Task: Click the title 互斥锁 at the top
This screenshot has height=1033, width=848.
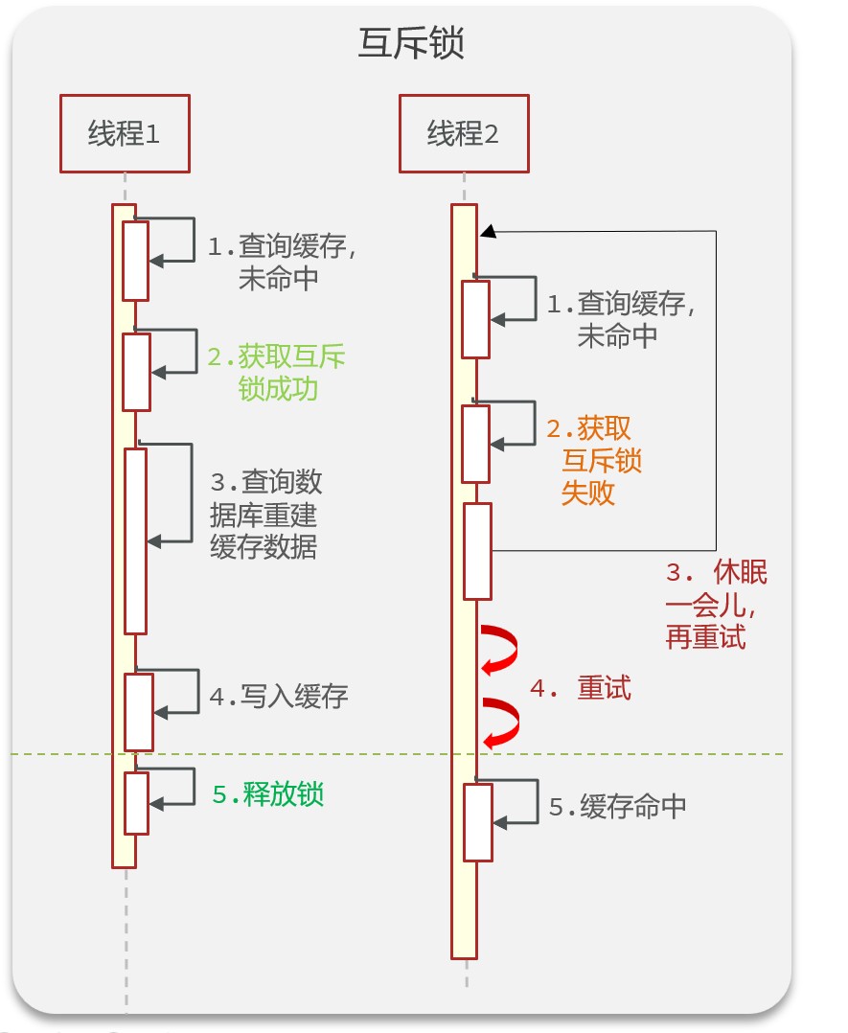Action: [411, 43]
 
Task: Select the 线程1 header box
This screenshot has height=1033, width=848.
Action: [125, 134]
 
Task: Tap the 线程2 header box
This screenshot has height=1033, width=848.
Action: [464, 134]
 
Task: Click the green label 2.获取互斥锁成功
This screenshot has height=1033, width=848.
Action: [277, 374]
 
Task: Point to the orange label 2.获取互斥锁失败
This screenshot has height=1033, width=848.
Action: [594, 460]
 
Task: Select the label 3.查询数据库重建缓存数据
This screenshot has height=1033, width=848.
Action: [265, 514]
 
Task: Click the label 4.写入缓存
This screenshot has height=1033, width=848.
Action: [279, 697]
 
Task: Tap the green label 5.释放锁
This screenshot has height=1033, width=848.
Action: [267, 794]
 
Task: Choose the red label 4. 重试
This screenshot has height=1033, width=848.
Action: [581, 689]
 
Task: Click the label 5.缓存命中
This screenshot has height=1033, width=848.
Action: [618, 807]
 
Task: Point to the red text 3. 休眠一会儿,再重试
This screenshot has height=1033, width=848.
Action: [716, 606]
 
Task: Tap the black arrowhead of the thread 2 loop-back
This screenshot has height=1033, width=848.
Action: [488, 231]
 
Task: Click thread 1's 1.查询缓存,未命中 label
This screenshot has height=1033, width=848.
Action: [283, 263]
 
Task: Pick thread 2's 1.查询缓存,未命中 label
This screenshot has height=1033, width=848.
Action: [621, 320]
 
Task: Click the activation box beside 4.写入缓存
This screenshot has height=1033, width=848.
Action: [140, 712]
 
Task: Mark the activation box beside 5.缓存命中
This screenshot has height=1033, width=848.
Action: [478, 822]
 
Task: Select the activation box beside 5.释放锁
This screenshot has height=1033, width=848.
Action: [137, 803]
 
